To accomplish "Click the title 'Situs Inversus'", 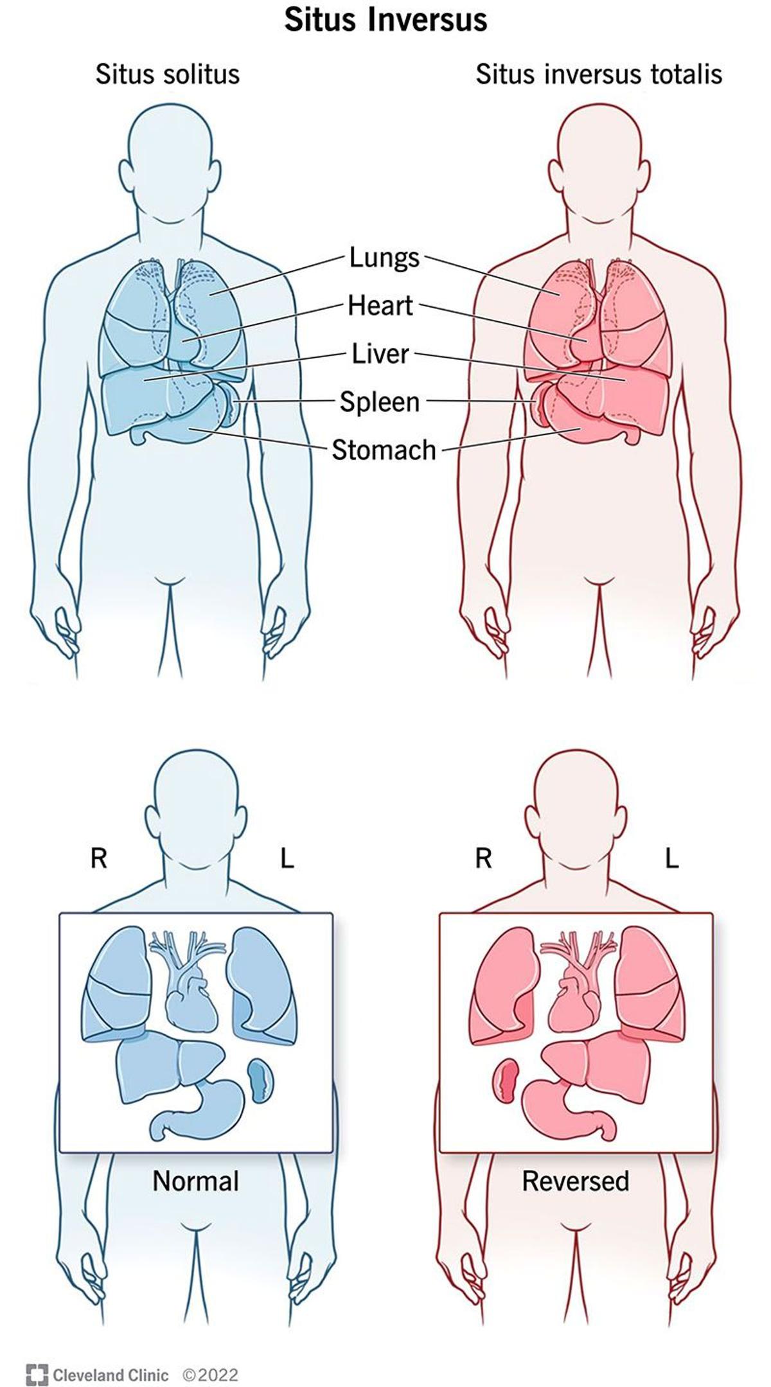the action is coord(385,20).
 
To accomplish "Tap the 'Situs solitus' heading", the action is coord(168,74).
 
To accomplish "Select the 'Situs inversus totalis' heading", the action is coord(599,74).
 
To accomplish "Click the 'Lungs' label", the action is coord(384,258).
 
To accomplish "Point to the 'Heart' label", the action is coord(380,306).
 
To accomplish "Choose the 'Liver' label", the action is coord(380,353).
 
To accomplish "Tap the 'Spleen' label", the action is coord(380,402).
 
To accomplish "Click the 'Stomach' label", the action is coord(384,450).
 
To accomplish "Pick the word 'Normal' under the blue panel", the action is coord(195,1181).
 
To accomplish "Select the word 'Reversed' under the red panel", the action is coord(575,1181).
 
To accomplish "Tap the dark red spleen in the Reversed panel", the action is coord(506,1081).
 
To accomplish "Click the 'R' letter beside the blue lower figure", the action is coord(98,858).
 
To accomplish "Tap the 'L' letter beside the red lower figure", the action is coord(671,858).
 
